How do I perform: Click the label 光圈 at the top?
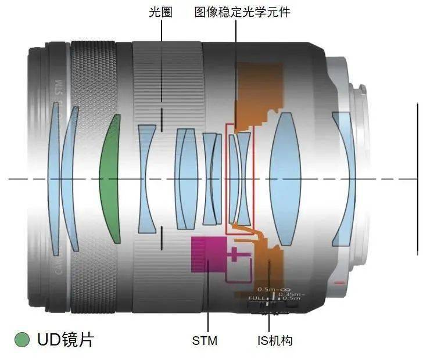[x=161, y=12]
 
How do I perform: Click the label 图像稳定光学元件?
[x=242, y=12]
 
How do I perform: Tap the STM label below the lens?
[x=205, y=341]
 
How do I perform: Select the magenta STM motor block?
[x=207, y=254]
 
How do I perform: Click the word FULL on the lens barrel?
[x=256, y=298]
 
